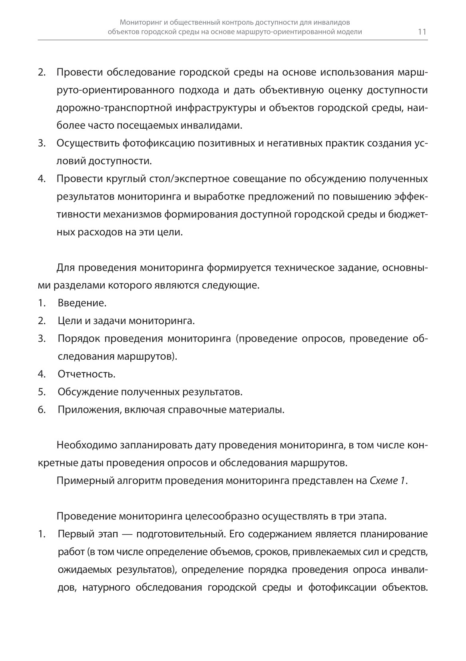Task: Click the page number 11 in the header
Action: pos(422,32)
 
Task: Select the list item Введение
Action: pos(82,303)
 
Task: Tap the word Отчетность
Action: pos(86,374)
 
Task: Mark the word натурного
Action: pos(106,588)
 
